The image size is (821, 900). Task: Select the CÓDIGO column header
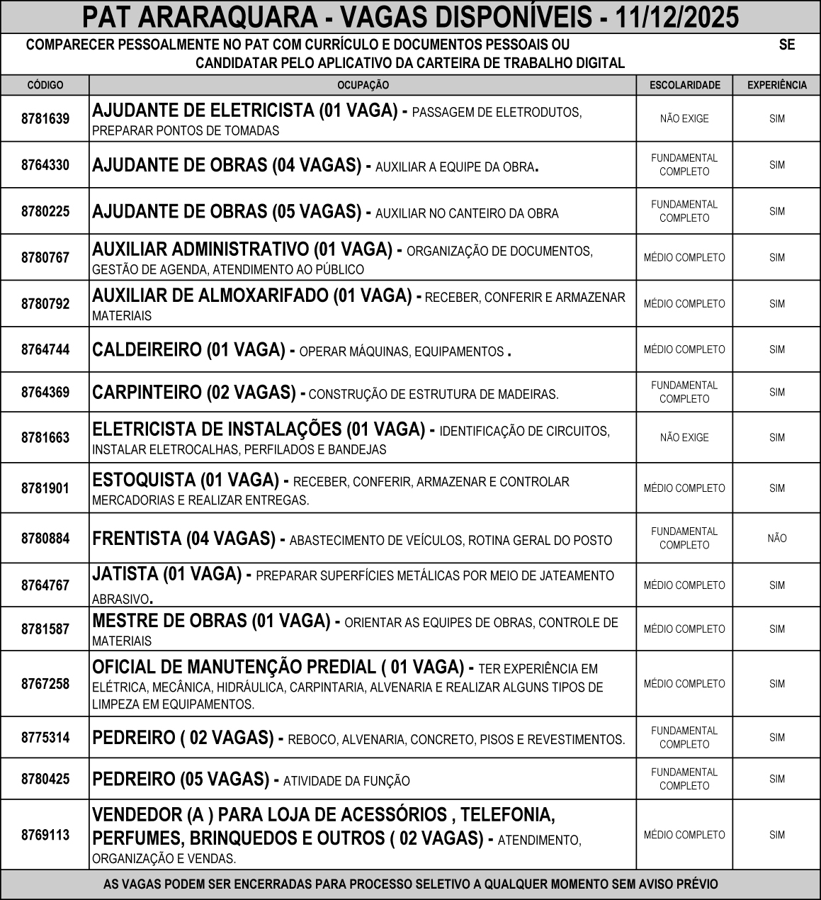45,85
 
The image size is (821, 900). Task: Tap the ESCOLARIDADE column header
684,85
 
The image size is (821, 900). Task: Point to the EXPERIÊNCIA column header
777,85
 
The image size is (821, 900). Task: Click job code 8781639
45,119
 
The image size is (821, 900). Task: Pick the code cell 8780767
45,257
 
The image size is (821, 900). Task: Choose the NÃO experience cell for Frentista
777,539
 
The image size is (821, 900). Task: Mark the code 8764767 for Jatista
45,585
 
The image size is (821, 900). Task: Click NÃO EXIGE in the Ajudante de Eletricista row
684,119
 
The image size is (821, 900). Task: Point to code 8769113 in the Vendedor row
45,835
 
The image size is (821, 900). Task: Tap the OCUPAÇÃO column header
363,85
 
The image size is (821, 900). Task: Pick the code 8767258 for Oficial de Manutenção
45,684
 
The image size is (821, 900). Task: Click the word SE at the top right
787,45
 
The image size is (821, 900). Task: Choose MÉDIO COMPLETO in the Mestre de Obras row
684,629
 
